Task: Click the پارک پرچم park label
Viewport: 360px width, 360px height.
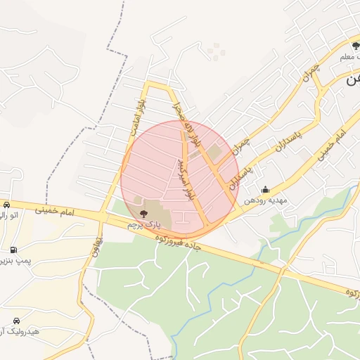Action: (143, 225)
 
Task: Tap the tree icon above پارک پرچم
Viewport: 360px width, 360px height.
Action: (143, 212)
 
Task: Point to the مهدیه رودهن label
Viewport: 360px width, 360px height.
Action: (266, 200)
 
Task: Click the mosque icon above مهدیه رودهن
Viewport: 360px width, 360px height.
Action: (265, 189)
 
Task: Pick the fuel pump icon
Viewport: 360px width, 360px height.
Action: (13, 250)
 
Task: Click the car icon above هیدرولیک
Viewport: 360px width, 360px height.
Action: (16, 320)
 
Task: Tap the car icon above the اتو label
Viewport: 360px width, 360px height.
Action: (6, 205)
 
